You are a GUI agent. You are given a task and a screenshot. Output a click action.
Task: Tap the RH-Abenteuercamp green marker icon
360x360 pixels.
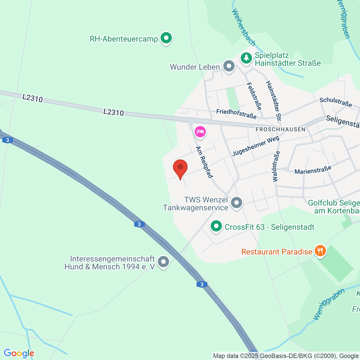pos(166,38)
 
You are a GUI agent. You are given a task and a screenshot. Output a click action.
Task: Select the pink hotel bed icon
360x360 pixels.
pos(200,131)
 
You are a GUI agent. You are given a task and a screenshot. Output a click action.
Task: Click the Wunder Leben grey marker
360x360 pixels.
pos(229,66)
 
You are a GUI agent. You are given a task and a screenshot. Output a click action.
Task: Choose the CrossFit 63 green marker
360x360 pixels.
pos(216,226)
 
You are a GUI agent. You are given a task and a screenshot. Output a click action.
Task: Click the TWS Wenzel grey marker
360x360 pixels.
pos(237,202)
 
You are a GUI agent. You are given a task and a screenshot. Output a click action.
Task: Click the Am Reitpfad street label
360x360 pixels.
pos(204,162)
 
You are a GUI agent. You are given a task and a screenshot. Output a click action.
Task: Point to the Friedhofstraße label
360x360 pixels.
pos(236,114)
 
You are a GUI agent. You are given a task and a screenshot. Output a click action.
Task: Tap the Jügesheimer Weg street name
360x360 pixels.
pos(256,146)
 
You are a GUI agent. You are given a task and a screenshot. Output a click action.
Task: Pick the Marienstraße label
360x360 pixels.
pos(313,170)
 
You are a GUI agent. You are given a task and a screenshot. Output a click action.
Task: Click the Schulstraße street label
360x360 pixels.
pos(336,102)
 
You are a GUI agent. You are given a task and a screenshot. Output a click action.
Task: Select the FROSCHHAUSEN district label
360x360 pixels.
pos(280,129)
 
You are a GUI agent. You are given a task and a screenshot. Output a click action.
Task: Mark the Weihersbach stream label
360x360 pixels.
pos(244,28)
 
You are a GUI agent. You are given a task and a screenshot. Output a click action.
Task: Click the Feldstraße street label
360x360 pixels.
pos(254,96)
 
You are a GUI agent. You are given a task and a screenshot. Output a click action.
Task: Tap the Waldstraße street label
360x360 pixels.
pos(276,166)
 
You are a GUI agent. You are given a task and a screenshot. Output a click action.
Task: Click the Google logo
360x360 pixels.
pos(19,353)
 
